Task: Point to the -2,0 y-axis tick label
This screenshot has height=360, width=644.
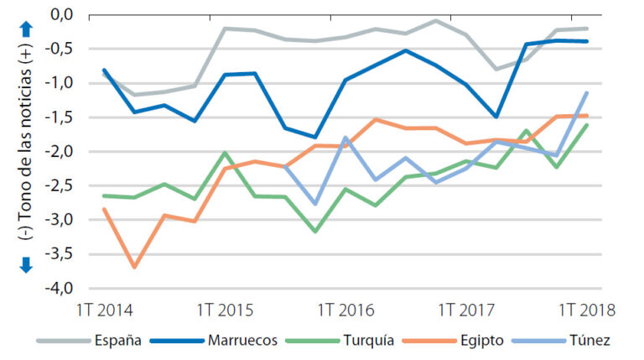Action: (60, 151)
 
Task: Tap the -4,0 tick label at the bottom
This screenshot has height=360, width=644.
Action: (60, 288)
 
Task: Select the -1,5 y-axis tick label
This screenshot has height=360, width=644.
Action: (60, 117)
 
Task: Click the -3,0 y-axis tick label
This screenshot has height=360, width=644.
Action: (60, 220)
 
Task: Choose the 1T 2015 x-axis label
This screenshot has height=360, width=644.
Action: (226, 310)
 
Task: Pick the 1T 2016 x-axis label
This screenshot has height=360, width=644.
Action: (346, 310)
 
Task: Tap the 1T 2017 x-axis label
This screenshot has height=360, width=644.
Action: (466, 310)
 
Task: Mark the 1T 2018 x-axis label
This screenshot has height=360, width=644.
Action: (586, 310)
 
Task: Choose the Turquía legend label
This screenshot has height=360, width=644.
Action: (369, 341)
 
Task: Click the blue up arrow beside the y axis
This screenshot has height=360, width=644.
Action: (25, 27)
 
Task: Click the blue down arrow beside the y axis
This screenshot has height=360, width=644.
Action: (25, 263)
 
